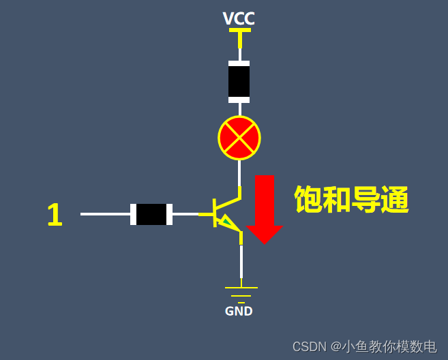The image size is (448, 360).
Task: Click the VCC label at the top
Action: [239, 18]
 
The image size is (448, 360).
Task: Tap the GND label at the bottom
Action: [239, 312]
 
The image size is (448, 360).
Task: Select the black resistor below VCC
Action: [239, 82]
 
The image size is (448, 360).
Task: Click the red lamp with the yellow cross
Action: [239, 138]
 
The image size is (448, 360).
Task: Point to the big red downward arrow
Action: [264, 208]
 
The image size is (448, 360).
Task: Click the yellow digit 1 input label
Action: [55, 215]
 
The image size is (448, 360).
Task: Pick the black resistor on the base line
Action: [151, 214]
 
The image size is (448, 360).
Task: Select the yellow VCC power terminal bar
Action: [239, 31]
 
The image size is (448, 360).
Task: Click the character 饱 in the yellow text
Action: [308, 200]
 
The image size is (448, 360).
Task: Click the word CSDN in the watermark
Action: [309, 346]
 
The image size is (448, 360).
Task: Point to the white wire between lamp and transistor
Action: [239, 172]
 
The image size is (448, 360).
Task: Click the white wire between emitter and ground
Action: [241, 262]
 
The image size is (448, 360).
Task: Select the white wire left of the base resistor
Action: [105, 214]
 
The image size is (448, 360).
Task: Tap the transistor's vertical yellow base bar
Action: [215, 213]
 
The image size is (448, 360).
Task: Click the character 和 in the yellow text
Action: [337, 200]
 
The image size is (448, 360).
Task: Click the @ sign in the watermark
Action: [335, 346]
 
